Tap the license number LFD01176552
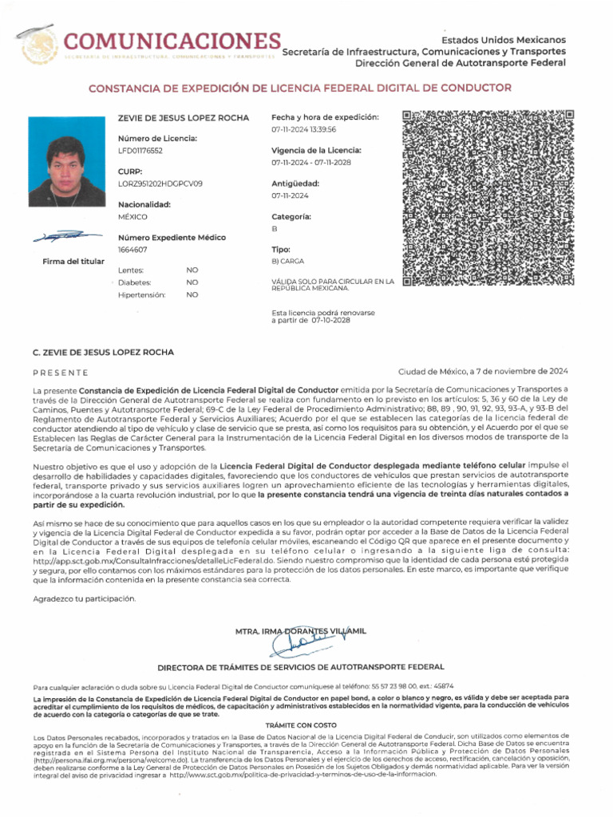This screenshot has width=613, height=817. pyautogui.click(x=140, y=150)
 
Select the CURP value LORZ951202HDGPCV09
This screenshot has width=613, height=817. pyautogui.click(x=160, y=184)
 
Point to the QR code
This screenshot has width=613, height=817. pyautogui.click(x=488, y=198)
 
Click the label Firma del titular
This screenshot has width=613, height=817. pyautogui.click(x=73, y=261)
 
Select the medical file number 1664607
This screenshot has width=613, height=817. pyautogui.click(x=132, y=250)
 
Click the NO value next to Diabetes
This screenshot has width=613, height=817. pyautogui.click(x=192, y=282)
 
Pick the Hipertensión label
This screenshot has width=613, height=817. pyautogui.click(x=141, y=295)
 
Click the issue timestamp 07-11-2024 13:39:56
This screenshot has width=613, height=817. pyautogui.click(x=304, y=129)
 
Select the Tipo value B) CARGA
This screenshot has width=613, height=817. pyautogui.click(x=288, y=261)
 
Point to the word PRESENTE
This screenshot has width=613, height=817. pyautogui.click(x=61, y=373)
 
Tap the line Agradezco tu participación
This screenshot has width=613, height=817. pyautogui.click(x=85, y=598)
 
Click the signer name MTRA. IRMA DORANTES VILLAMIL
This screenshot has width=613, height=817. pyautogui.click(x=301, y=631)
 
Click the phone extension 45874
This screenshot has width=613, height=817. pyautogui.click(x=442, y=686)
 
